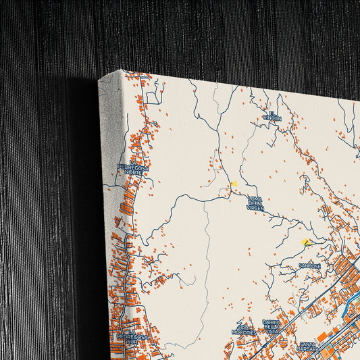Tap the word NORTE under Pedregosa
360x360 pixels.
pyautogui.click(x=133, y=172)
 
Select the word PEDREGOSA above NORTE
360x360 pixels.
pyautogui.click(x=132, y=167)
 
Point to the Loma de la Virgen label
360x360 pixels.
pyautogui.click(x=255, y=203)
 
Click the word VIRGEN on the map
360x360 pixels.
pyautogui.click(x=255, y=209)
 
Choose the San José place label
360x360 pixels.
pyautogui.click(x=310, y=266)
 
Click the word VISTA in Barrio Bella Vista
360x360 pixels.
pyautogui.click(x=272, y=332)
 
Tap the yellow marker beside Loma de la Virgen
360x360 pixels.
pyautogui.click(x=234, y=184)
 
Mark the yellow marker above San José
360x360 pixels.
pyautogui.click(x=306, y=242)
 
